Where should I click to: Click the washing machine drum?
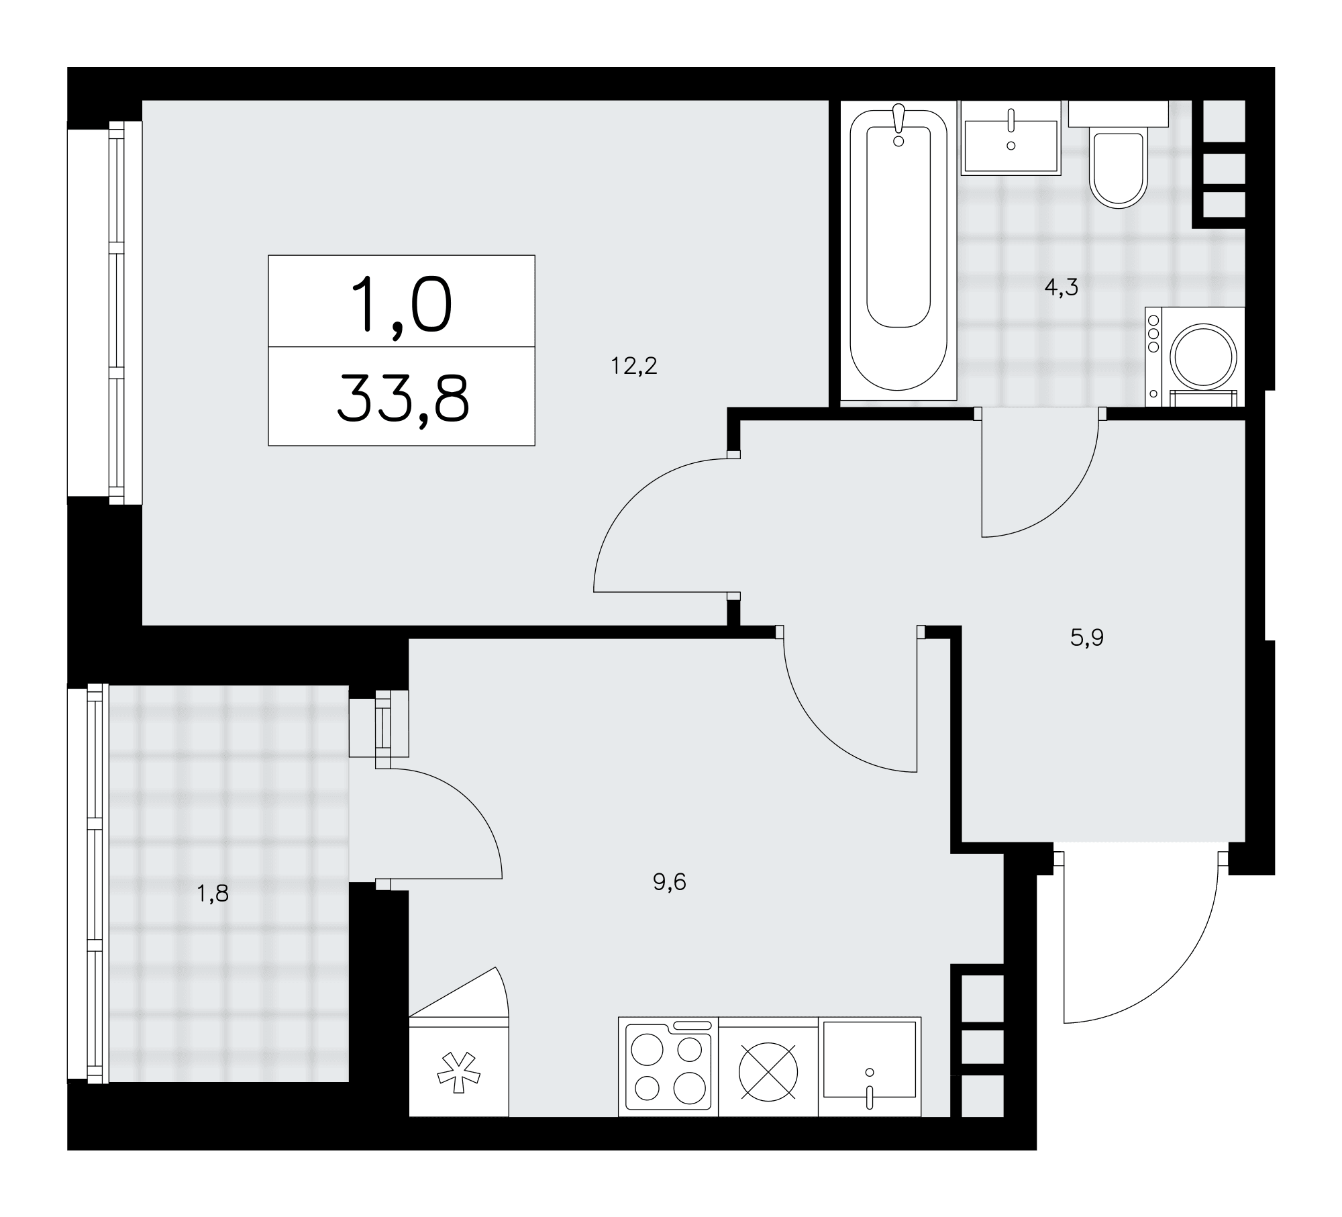pos(1203,356)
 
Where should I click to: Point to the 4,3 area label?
pos(1061,288)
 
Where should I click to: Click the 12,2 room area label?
pos(633,366)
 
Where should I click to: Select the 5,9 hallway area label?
pos(1086,637)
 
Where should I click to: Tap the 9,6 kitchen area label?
pos(670,882)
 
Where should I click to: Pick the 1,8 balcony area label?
pos(213,894)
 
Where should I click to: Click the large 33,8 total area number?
pos(403,398)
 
